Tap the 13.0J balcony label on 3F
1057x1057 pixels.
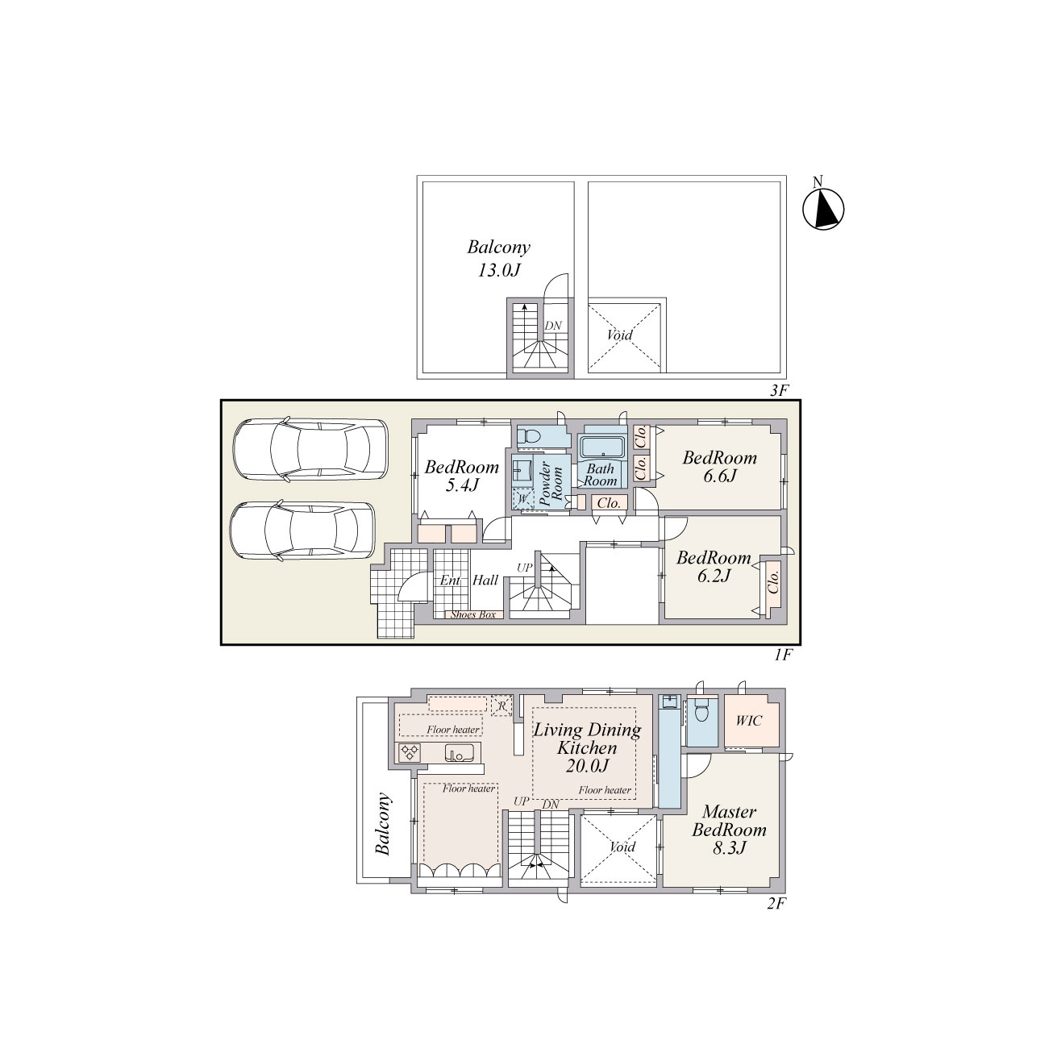click(x=498, y=258)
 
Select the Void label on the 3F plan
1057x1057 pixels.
click(x=619, y=335)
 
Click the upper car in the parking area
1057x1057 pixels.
click(x=310, y=451)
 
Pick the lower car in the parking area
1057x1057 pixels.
click(x=303, y=531)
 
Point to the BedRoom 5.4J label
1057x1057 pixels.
click(x=461, y=476)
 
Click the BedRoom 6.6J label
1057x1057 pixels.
click(x=719, y=466)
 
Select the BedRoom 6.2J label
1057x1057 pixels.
click(x=713, y=567)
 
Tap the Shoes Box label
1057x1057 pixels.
click(x=472, y=614)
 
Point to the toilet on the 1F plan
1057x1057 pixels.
click(x=530, y=437)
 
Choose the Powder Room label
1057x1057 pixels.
click(x=551, y=484)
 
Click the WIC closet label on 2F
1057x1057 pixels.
click(x=749, y=720)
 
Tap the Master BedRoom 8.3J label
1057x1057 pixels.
click(x=729, y=830)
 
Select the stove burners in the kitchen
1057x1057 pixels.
click(x=410, y=751)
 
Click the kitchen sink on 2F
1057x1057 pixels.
click(x=459, y=752)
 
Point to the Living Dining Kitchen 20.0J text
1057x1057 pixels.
click(x=587, y=747)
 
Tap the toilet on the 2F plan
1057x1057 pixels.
click(x=701, y=711)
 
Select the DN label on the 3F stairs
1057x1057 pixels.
click(x=553, y=326)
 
